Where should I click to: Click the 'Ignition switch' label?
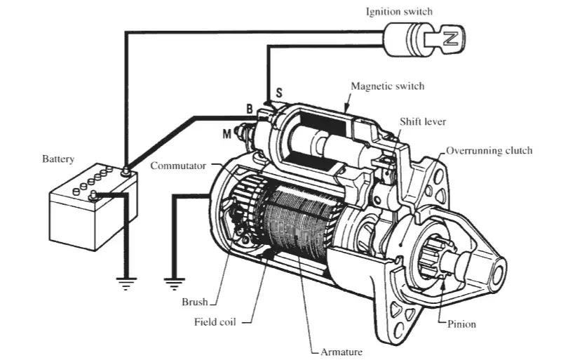coord(399,12)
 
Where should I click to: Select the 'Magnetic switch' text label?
coord(388,86)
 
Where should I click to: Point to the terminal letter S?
coord(279,93)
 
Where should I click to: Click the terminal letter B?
coord(250,109)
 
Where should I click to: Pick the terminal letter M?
coord(227,134)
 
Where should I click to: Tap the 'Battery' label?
coord(58,159)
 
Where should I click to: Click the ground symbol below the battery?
coord(126,284)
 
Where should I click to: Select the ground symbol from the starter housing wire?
coord(174,284)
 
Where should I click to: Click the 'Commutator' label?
coord(178,166)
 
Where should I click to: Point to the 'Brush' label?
coord(195,302)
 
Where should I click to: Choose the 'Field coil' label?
coord(215,322)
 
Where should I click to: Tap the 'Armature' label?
coord(341,352)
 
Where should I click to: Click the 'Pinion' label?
coord(461,324)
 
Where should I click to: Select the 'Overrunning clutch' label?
coord(489,151)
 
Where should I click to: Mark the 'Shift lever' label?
coord(423,122)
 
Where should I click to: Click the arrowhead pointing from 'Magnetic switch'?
coord(346,108)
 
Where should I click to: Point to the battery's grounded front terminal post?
coord(93,196)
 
